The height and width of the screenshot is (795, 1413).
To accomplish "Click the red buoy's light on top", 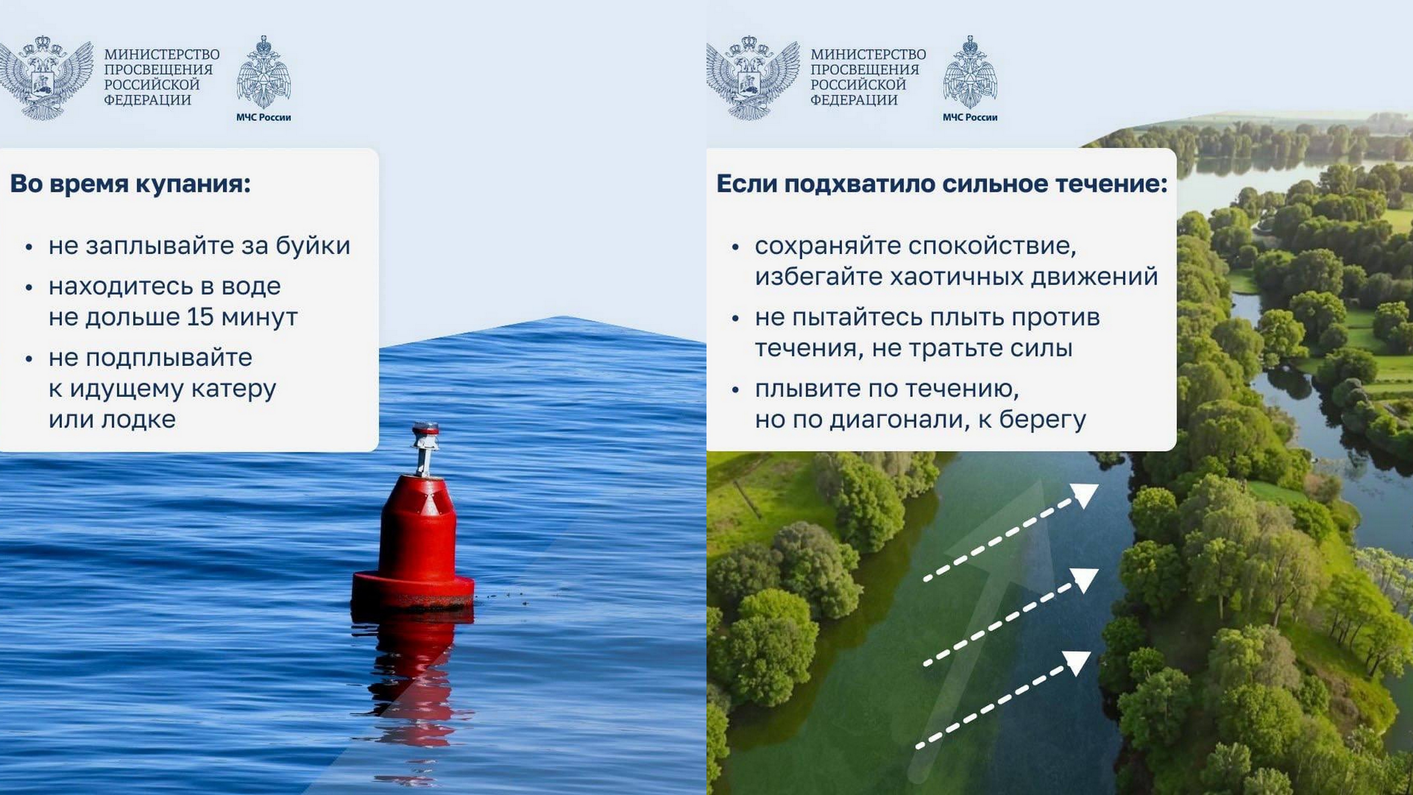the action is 428,429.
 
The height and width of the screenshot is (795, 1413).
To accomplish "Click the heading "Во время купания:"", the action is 130,184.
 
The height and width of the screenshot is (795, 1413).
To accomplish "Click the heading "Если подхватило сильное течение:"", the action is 942,184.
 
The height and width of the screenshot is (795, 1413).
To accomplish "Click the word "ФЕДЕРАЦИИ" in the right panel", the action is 854,100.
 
